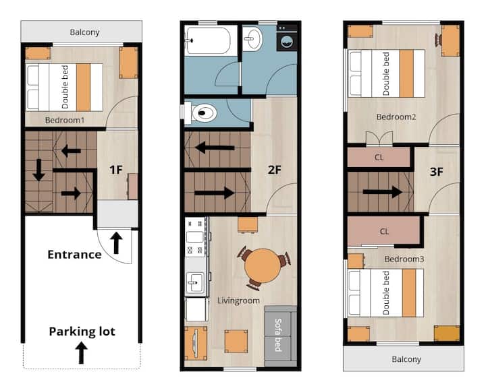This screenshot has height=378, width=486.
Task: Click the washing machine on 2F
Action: click(287, 38)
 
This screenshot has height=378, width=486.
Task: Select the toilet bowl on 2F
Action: click(200, 113)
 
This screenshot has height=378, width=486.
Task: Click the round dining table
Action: click(263, 265)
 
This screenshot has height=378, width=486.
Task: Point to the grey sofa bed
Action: click(281, 336)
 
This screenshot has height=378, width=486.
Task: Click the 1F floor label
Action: click(116, 170)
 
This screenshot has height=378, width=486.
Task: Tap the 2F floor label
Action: click(274, 170)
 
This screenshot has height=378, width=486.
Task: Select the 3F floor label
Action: click(437, 172)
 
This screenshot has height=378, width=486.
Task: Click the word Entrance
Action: click(74, 255)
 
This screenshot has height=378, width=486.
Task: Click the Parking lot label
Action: click(82, 332)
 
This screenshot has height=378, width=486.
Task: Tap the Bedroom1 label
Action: click(65, 120)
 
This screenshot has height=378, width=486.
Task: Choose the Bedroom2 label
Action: click(396, 117)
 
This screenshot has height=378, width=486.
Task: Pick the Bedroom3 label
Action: click(404, 259)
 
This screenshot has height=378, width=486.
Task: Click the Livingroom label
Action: click(238, 301)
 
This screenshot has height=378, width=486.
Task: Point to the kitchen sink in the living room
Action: click(195, 282)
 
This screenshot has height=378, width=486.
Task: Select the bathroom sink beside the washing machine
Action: click(252, 38)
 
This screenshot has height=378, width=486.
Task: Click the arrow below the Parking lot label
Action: click(81, 352)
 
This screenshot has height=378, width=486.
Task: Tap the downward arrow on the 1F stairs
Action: click(39, 170)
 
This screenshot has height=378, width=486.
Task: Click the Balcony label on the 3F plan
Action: click(406, 359)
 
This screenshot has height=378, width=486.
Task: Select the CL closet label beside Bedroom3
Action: click(384, 231)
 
